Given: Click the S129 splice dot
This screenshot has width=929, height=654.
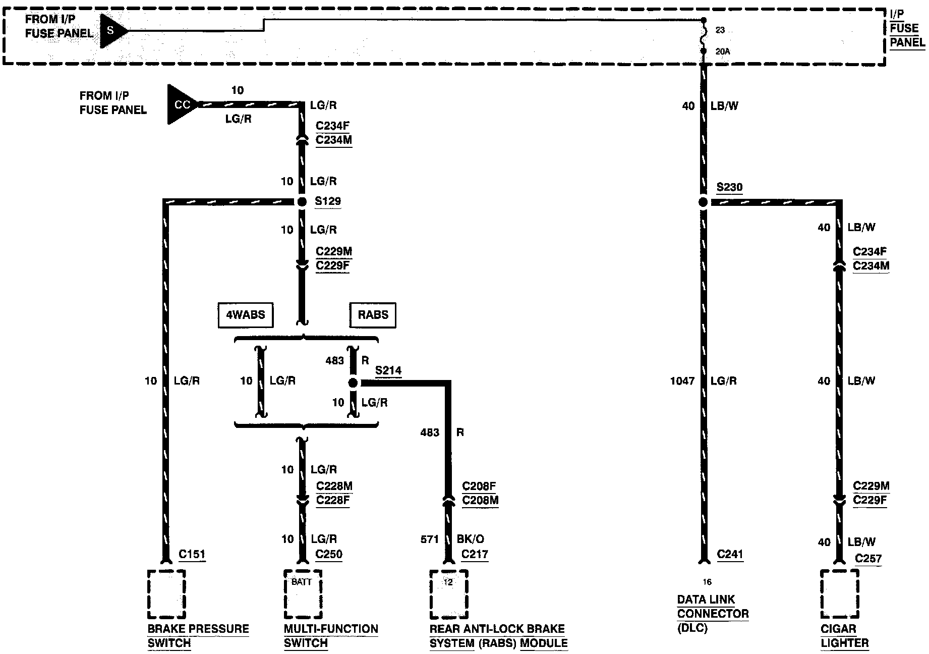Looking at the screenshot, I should click(x=302, y=202).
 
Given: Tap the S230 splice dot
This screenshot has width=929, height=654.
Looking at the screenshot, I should click(x=704, y=202).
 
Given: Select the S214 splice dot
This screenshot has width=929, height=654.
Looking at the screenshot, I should click(x=353, y=383).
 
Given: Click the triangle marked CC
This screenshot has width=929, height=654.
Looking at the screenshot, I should click(x=181, y=104).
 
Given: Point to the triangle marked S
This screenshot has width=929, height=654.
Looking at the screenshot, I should click(x=111, y=31).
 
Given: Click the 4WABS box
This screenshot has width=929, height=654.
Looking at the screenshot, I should click(x=246, y=315).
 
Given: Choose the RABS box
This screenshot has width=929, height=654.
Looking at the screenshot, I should click(x=373, y=315).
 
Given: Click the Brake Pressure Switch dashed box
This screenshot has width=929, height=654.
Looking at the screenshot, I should click(x=166, y=594).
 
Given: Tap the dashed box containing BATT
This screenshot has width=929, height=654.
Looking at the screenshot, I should click(x=302, y=594).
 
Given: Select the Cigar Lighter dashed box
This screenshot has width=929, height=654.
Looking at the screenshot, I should click(x=839, y=594).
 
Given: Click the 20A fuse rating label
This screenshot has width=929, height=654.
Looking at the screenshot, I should click(x=722, y=51).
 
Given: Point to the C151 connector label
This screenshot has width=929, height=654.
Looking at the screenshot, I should click(x=192, y=554).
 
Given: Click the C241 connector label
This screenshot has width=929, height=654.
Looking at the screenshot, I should click(x=730, y=554).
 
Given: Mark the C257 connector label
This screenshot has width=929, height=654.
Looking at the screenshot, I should click(x=868, y=558).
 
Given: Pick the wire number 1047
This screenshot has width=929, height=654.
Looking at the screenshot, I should click(x=682, y=381).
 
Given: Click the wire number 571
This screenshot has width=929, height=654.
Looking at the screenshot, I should click(x=430, y=539).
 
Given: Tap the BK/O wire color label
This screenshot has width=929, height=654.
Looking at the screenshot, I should click(x=471, y=539).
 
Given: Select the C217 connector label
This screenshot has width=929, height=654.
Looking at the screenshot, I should click(x=475, y=554).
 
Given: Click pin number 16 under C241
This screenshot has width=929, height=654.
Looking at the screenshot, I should click(x=707, y=582).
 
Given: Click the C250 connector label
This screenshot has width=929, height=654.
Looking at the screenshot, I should click(x=329, y=554).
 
